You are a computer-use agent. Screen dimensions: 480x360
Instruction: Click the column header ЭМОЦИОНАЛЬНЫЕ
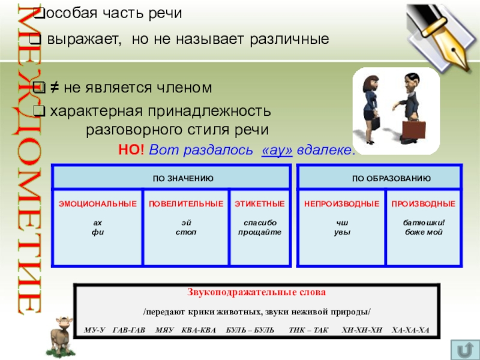click(97, 204)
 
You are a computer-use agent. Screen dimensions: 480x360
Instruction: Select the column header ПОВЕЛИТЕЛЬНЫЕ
click(186, 204)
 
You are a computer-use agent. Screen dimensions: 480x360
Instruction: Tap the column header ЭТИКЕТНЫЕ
click(259, 204)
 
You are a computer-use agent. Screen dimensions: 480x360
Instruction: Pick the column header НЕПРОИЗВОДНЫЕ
click(341, 204)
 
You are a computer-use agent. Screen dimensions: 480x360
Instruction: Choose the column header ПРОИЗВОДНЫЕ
click(424, 204)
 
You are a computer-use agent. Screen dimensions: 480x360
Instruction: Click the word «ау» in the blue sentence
click(277, 150)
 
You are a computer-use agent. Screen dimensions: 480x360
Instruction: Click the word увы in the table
click(341, 232)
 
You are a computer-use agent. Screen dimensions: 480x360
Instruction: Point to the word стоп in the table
click(186, 232)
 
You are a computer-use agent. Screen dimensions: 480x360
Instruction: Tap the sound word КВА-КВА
click(200, 330)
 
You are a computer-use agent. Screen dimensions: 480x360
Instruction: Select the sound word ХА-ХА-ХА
click(410, 330)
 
